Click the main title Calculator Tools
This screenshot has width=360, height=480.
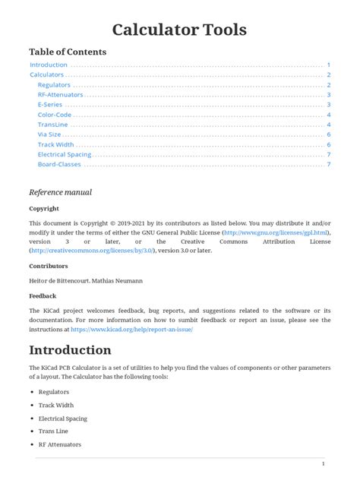[179, 30]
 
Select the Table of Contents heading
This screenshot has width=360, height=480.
[68, 52]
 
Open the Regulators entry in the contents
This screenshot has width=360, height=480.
[54, 85]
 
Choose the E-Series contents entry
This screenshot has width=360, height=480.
[50, 105]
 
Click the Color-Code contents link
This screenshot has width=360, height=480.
[54, 115]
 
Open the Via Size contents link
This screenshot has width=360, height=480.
[49, 134]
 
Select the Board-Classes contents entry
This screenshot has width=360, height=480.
[58, 164]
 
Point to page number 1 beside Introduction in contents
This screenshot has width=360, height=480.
[328, 65]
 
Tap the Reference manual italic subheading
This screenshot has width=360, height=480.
[60, 192]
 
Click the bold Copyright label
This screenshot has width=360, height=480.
[44, 208]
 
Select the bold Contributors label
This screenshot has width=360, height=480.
[49, 267]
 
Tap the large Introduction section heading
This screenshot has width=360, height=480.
[70, 351]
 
